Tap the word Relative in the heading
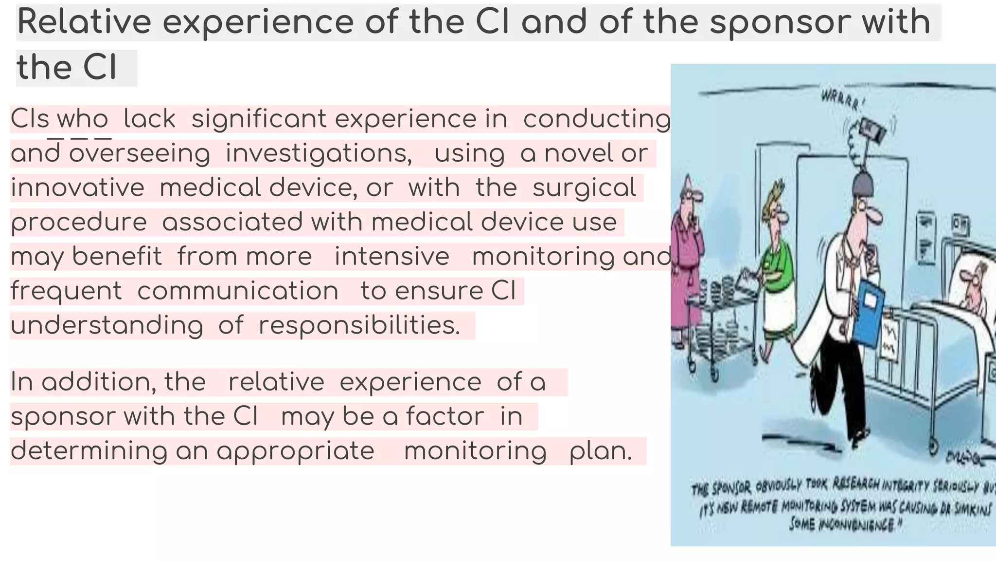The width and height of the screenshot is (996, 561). click(84, 22)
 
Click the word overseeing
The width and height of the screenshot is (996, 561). click(140, 153)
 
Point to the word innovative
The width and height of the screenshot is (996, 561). click(77, 187)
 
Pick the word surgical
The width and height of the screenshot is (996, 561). click(584, 187)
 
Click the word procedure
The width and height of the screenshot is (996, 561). click(79, 223)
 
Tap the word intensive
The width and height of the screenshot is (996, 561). click(391, 257)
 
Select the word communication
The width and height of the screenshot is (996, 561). click(238, 291)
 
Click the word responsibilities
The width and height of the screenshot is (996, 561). click(359, 325)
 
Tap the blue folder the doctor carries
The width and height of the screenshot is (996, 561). click(870, 312)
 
